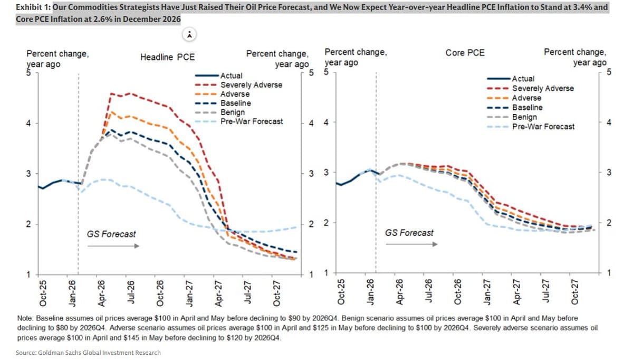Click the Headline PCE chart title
[x=167, y=57]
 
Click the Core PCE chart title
[x=465, y=53]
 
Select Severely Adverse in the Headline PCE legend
[x=251, y=84]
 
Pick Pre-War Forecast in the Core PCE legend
[x=543, y=126]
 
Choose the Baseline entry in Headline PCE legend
[x=235, y=103]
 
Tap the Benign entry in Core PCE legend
[x=524, y=117]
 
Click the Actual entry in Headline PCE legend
[x=231, y=75]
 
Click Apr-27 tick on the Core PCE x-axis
[x=517, y=291]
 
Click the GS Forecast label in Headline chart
[x=111, y=234]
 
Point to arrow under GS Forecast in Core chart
[x=411, y=244]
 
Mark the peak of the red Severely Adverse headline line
[x=111, y=93]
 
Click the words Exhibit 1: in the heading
[x=33, y=7]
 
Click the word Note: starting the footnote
[x=26, y=318]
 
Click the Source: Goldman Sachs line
[x=89, y=352]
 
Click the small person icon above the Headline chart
[x=189, y=35]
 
